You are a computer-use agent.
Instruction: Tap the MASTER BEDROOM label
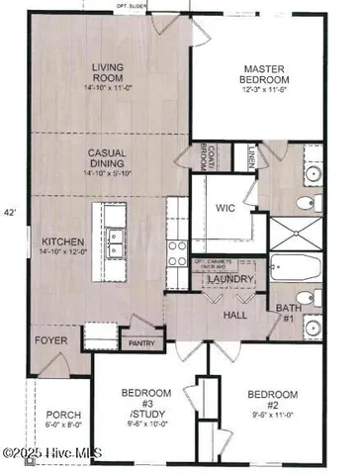(264, 74)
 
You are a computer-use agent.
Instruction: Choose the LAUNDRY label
(230, 280)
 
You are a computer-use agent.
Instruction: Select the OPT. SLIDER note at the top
(159, 6)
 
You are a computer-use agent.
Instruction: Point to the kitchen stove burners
(176, 246)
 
